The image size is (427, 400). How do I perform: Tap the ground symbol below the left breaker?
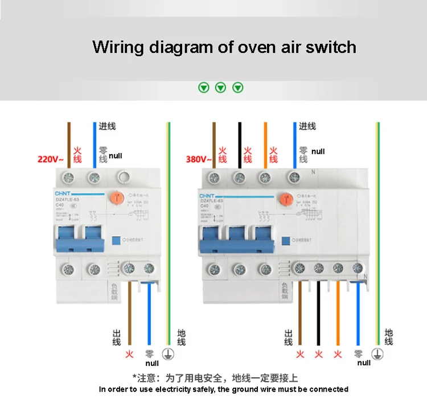168,353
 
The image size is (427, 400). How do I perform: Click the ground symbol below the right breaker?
377,353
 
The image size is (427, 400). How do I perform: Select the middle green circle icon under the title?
220,88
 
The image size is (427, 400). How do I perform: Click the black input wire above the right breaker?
240,142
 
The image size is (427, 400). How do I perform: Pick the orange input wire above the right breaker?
265,142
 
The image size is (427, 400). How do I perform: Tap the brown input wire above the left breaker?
69,142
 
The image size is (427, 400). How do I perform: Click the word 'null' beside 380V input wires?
318,151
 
